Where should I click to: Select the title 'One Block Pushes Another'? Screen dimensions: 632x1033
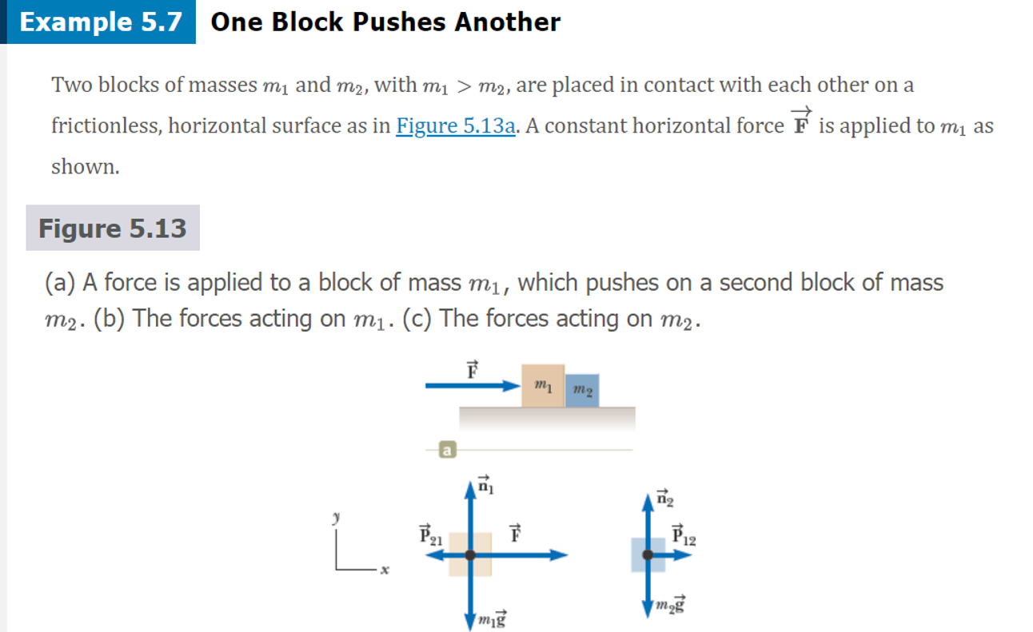385,22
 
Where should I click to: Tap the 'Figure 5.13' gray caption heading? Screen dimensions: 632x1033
113,229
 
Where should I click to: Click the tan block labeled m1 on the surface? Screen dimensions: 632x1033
543,386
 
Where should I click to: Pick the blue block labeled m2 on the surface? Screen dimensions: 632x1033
582,390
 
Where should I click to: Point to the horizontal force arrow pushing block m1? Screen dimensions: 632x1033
472,386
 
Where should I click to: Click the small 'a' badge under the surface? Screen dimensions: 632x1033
448,451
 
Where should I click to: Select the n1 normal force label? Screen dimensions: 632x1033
486,484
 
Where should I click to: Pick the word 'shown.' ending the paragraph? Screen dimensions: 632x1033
86,166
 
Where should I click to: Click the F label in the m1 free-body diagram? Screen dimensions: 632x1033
516,533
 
